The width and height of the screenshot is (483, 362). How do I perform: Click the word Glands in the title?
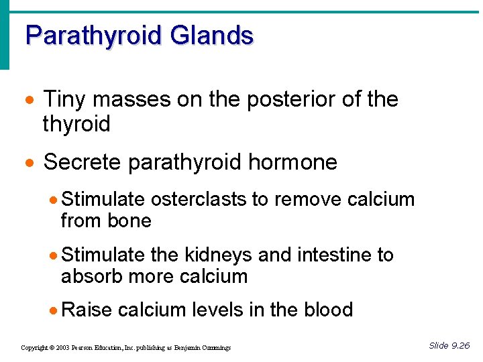pos(211,36)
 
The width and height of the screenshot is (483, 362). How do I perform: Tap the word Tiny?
pos(65,100)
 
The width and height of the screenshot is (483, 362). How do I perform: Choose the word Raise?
pos(86,310)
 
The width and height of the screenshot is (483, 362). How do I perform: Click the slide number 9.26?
pos(460,346)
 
